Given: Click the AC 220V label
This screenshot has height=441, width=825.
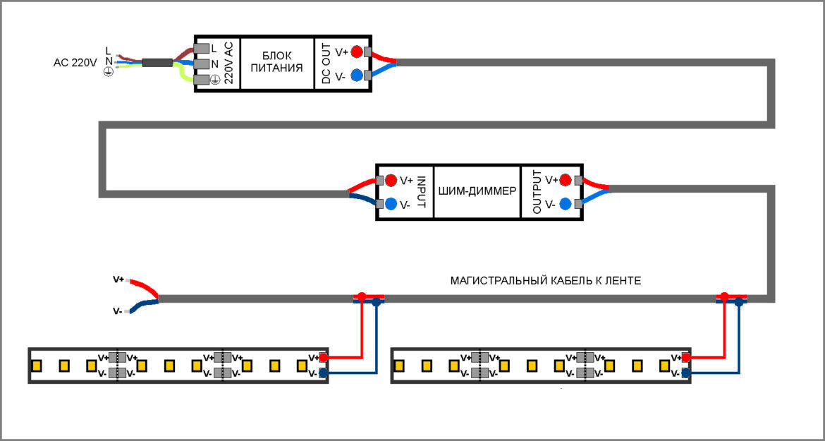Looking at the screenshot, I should click(x=75, y=62).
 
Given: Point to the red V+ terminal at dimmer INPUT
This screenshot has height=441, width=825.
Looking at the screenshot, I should click(x=391, y=180).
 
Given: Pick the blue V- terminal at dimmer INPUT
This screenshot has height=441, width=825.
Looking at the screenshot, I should click(x=391, y=205).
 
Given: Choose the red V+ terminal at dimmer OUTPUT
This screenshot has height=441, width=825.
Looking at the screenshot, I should click(x=565, y=180).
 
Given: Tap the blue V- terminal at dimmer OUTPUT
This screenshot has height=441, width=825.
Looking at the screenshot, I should click(x=565, y=205).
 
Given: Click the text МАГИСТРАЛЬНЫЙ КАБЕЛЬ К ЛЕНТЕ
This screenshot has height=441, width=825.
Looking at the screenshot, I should click(x=545, y=281).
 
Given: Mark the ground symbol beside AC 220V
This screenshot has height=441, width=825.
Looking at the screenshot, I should click(x=109, y=73).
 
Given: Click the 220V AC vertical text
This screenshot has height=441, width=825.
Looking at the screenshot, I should click(x=228, y=63).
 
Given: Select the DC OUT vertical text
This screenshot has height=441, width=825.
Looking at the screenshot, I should click(x=326, y=63).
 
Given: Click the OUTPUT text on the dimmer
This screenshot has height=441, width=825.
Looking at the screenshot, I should click(x=537, y=192).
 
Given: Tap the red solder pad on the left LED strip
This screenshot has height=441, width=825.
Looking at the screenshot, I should click(x=324, y=358).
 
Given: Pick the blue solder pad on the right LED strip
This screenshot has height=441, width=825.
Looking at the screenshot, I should click(x=686, y=373).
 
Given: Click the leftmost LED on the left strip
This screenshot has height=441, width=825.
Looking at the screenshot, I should click(x=37, y=366).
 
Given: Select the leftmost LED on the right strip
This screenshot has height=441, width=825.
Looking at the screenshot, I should click(x=399, y=366).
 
